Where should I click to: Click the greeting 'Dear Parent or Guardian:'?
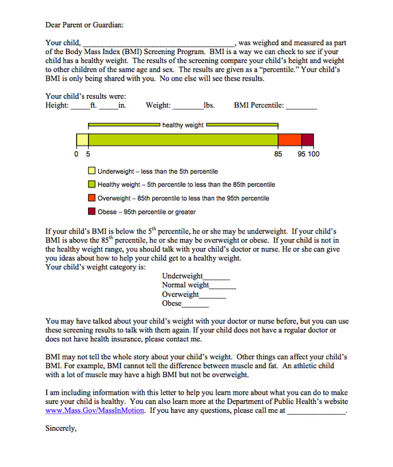85,25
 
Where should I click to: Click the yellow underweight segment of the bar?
82,140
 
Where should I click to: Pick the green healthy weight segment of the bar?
182,140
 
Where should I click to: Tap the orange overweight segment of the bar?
289,140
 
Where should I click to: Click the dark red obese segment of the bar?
307,140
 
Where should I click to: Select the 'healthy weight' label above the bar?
183,125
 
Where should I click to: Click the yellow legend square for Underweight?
92,171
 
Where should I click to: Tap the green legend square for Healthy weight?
92,184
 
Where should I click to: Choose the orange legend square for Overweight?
92,198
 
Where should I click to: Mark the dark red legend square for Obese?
92,212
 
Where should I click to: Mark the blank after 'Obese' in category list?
196,305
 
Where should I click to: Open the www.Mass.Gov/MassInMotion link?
96,410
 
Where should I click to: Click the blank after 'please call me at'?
316,411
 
